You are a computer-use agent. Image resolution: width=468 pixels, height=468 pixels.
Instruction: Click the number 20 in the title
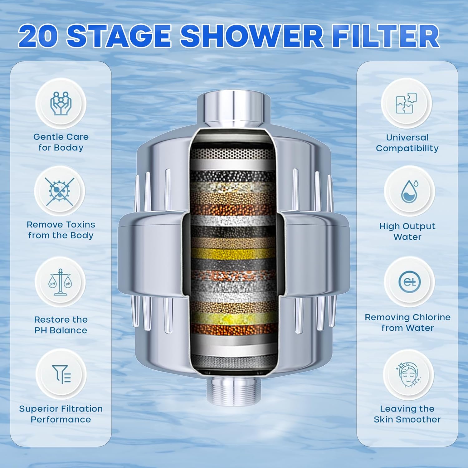38,36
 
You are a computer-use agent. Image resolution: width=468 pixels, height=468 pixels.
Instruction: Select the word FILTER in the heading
385,36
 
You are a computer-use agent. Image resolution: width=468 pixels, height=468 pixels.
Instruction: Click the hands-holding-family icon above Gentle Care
61,103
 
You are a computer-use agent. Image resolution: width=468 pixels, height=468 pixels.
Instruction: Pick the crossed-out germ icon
60,191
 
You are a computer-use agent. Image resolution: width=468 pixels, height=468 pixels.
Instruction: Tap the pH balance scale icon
60,282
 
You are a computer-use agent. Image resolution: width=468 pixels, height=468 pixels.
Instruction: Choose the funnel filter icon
61,374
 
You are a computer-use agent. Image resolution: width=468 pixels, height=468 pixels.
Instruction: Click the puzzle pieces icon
406,103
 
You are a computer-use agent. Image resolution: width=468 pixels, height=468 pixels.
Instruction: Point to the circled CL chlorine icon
409,282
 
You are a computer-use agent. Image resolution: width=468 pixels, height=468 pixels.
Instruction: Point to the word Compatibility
407,149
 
